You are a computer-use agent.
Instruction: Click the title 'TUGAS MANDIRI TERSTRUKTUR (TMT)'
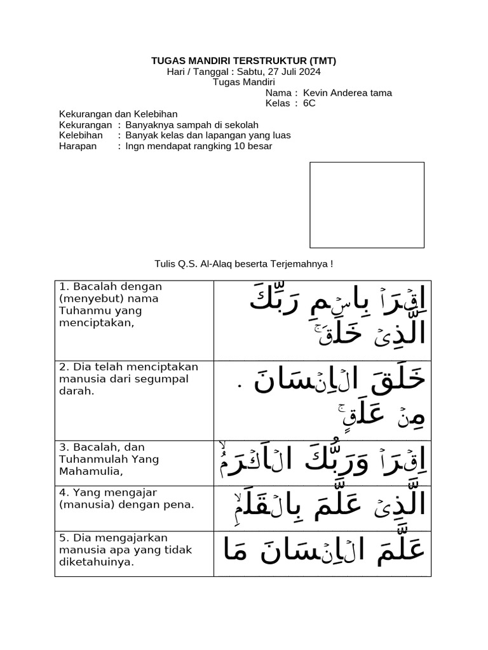[243, 61]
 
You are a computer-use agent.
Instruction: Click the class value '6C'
[309, 103]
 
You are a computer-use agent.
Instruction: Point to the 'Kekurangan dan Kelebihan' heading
[109, 114]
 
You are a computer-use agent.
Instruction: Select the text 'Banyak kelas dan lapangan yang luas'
[208, 135]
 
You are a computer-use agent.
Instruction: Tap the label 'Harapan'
[78, 146]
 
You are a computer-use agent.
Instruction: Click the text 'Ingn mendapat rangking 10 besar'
[198, 146]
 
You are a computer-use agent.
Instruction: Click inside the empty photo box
[367, 204]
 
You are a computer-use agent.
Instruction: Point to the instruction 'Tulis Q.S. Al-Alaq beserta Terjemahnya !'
[243, 263]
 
